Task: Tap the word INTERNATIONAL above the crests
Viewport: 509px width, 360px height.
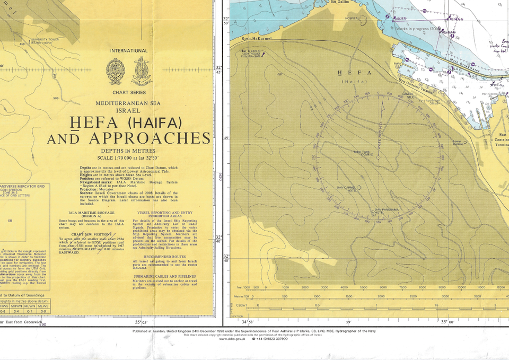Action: pos(128,51)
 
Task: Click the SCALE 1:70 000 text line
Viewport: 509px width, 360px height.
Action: pos(129,158)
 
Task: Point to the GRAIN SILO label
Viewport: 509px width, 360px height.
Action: pos(407,95)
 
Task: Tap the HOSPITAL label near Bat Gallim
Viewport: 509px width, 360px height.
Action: pos(352,18)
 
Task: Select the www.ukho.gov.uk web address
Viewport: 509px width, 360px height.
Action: pos(232,339)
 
